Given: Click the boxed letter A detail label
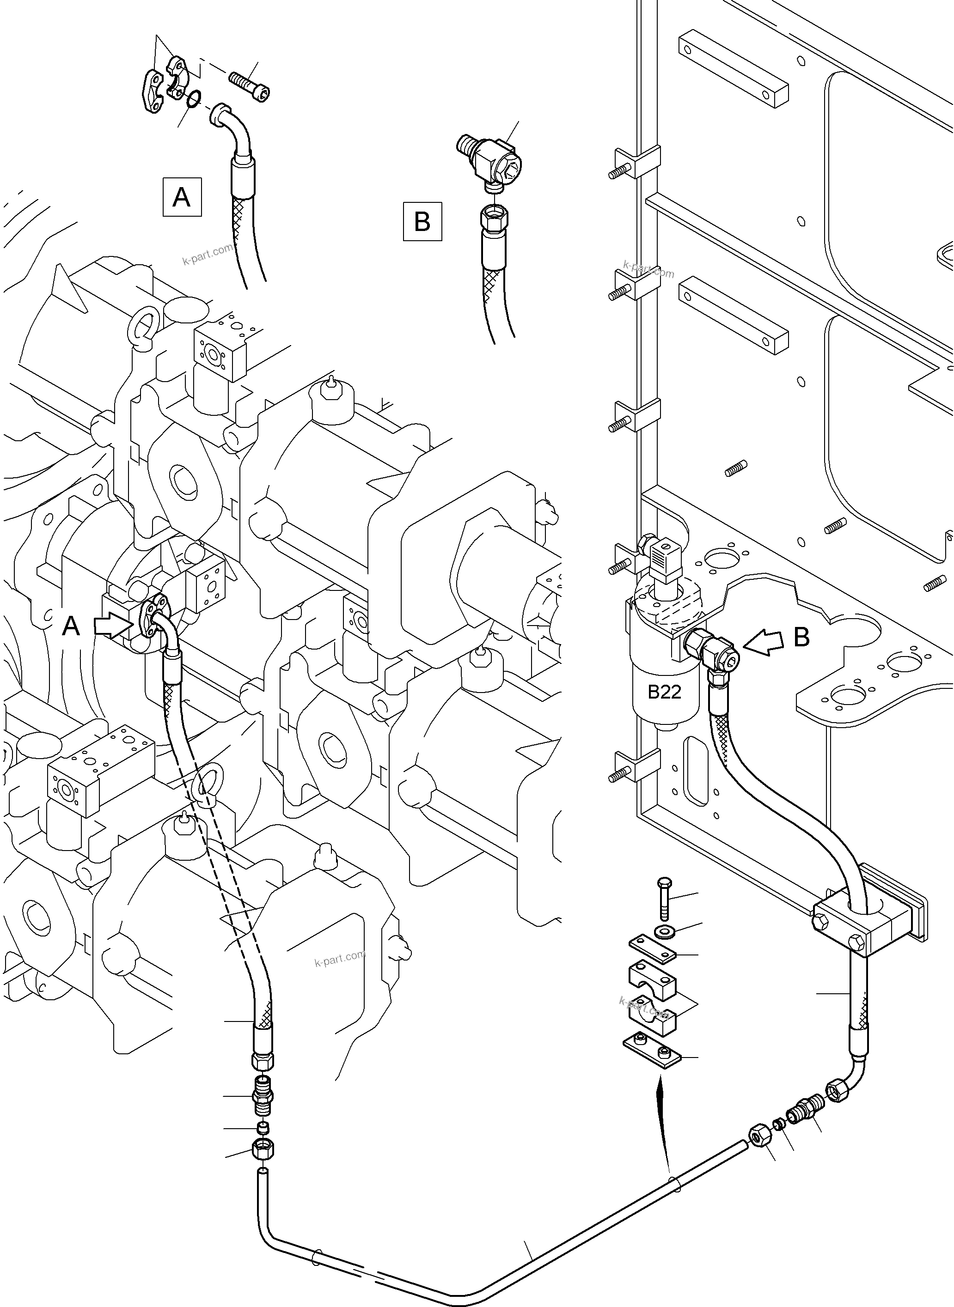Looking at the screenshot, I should (182, 197).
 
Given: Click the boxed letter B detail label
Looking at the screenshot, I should (422, 221).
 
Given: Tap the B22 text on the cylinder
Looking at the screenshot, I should (664, 692).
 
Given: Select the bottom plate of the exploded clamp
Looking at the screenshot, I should (653, 1046).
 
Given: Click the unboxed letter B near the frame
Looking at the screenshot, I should (801, 638).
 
